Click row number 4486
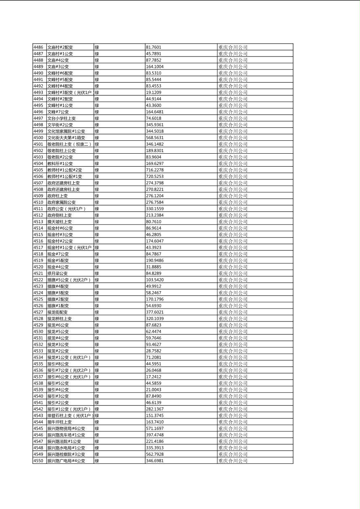(38, 47)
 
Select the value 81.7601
(153, 47)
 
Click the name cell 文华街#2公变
(60, 125)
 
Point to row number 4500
(38, 138)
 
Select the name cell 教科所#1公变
(60, 163)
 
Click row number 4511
(38, 209)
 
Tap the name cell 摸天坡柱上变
(59, 221)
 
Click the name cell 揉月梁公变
(57, 273)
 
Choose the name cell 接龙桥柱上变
(59, 318)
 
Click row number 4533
(38, 350)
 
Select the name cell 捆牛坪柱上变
(59, 421)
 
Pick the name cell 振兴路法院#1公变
(64, 441)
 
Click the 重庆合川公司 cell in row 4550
(233, 460)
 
